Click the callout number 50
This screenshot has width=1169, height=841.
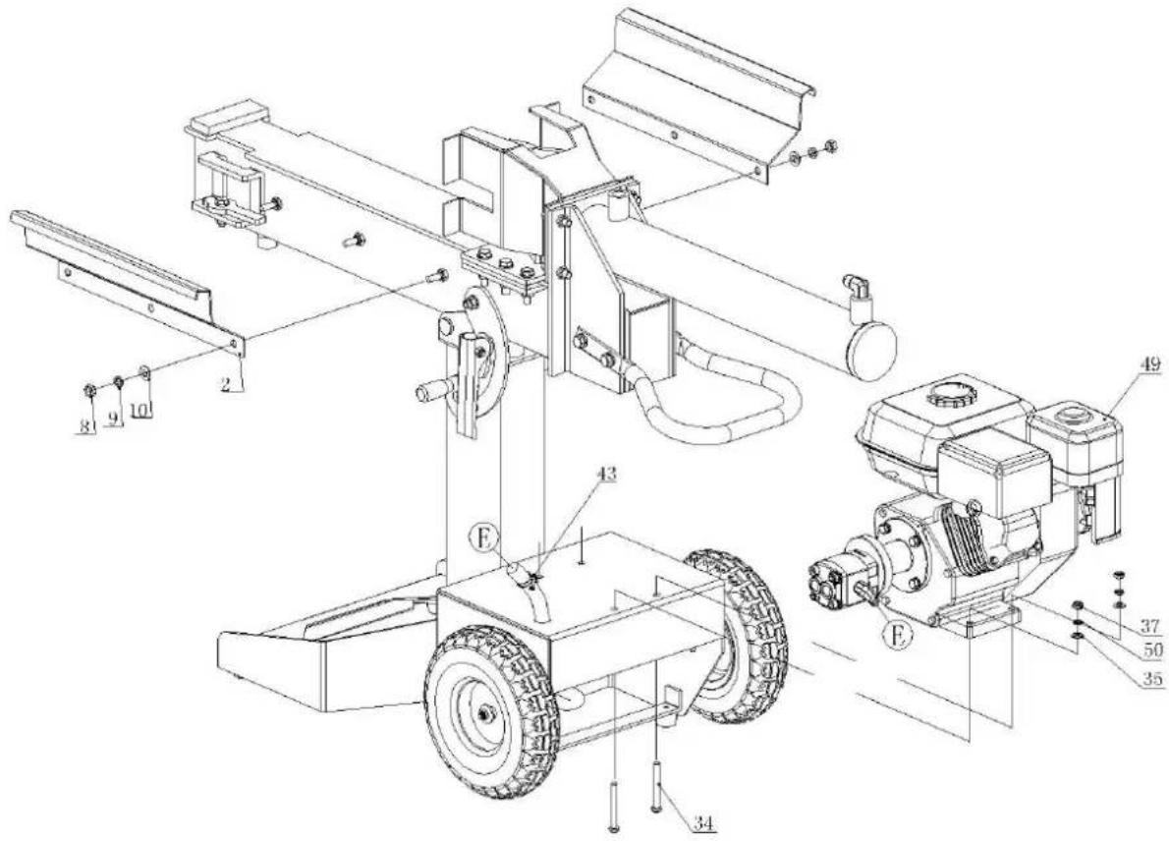pos(1153,649)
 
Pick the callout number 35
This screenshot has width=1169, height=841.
pos(1153,679)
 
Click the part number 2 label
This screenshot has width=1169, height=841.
pos(224,384)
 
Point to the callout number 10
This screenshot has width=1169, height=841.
pos(140,410)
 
